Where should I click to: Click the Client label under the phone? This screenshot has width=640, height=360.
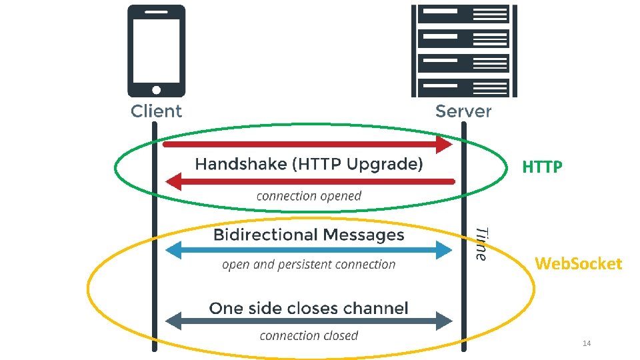156,111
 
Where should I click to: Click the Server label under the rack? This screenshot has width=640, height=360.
463,111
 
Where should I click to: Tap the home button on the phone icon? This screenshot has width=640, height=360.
156,89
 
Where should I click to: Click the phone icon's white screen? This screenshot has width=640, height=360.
156,50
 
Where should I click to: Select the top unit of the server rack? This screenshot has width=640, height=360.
463,14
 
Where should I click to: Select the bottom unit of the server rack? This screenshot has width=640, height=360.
463,87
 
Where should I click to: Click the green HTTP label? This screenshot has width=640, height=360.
542,167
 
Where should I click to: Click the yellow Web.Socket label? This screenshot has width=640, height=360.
578,264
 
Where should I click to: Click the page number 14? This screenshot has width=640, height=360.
587,343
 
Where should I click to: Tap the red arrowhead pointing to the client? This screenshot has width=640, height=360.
175,181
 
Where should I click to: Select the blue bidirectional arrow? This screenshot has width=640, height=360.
309,250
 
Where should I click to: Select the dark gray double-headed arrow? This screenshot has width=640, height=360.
309,321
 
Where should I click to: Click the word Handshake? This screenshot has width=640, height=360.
241,164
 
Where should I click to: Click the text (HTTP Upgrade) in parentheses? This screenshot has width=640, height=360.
357,164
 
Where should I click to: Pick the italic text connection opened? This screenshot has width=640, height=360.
309,196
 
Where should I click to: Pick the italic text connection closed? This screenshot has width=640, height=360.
309,335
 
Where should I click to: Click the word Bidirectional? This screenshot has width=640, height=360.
265,235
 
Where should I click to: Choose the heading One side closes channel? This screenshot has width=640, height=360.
309,308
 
